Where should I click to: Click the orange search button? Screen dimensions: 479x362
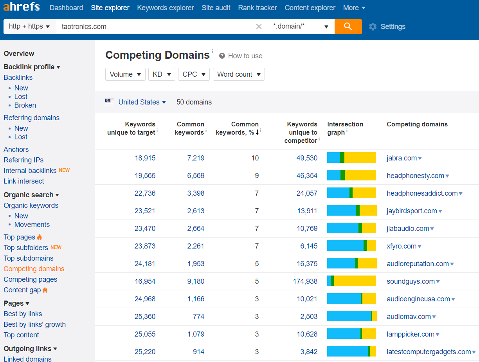(x=348, y=26)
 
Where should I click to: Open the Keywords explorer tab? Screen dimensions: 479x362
(x=166, y=8)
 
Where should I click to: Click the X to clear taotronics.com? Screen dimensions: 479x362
(x=259, y=26)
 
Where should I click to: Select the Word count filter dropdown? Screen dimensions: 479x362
(x=239, y=74)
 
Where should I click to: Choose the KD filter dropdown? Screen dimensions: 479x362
(x=162, y=74)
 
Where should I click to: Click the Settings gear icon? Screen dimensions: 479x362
(x=373, y=27)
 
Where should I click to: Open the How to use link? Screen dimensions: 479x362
(x=245, y=56)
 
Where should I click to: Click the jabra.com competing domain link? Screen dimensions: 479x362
(x=402, y=158)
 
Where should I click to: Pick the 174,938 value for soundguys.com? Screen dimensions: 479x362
(x=305, y=281)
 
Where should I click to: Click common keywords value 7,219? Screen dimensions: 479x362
(x=196, y=158)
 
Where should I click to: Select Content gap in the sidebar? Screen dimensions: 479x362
(x=22, y=290)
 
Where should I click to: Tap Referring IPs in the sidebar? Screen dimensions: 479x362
(x=23, y=160)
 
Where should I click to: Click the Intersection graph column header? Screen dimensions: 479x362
(x=345, y=128)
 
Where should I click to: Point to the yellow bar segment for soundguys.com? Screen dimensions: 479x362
(x=355, y=281)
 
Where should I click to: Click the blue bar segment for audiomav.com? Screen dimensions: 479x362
(x=349, y=316)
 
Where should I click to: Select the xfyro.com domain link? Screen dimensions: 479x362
(x=402, y=246)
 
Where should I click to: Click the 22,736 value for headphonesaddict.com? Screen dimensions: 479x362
(x=145, y=193)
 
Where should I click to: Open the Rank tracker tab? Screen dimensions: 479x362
(x=257, y=8)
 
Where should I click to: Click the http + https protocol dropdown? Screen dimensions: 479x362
(x=30, y=26)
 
